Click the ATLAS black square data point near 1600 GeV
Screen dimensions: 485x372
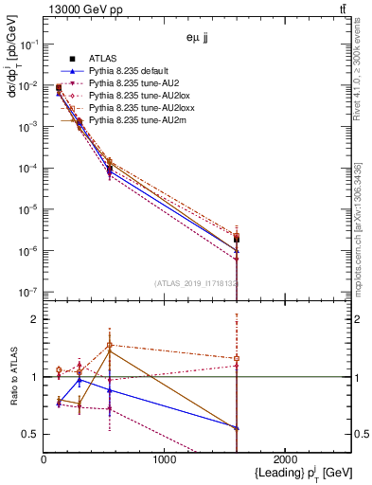[x=237, y=239]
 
